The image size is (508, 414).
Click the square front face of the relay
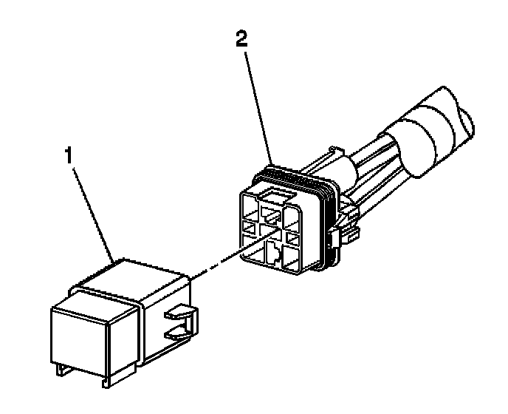pos(78,333)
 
